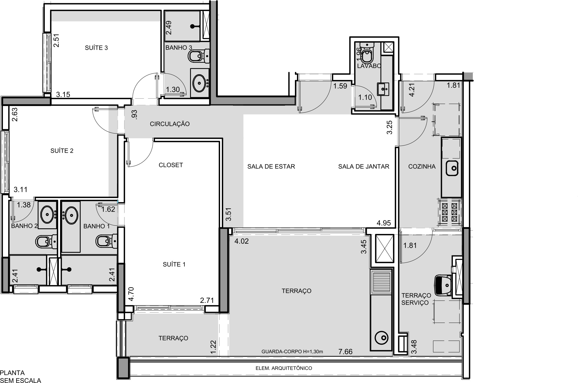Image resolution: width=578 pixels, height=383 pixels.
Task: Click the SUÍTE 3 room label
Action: pos(96,48)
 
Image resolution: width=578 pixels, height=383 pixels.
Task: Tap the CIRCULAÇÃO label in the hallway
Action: pos(170,124)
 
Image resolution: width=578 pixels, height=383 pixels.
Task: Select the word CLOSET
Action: pos(171,165)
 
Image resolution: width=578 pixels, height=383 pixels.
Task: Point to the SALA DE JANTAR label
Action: pos(364,166)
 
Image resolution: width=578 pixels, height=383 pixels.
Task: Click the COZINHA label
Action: pos(422,166)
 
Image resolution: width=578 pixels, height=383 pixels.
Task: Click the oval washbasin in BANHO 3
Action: pos(199,83)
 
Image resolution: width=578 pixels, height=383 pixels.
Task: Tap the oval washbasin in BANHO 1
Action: pos(72,215)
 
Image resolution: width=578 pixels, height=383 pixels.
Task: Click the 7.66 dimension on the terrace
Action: pos(345,351)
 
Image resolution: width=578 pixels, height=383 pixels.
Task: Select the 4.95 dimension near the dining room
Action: pos(384,223)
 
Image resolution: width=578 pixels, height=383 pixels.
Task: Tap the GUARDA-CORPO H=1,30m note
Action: pos(292,351)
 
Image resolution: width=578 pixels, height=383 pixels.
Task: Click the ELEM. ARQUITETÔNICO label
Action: pos(284,368)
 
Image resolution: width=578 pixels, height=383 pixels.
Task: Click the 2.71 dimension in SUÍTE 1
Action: pos(207,301)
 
